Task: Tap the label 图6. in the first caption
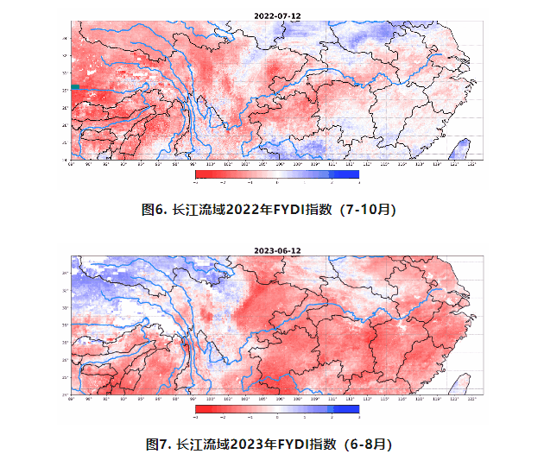point(155,210)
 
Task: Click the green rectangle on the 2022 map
point(75,86)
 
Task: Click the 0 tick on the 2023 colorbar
point(277,416)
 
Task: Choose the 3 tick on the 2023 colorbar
point(358,416)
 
